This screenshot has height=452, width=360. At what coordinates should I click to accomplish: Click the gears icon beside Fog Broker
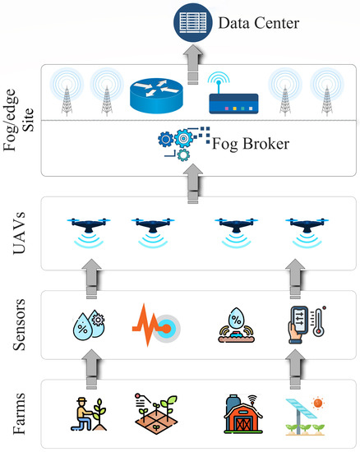(177, 142)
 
